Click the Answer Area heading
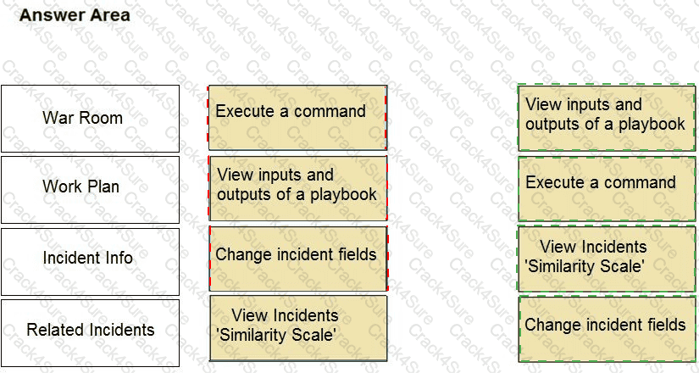75,15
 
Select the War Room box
90,119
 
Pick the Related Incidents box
90,331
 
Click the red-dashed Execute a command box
297,118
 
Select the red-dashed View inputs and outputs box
297,189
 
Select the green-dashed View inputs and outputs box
607,118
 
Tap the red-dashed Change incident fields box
297,259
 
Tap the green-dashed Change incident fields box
607,329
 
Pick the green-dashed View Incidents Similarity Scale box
607,258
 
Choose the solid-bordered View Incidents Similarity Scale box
297,330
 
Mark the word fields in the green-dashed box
664,325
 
